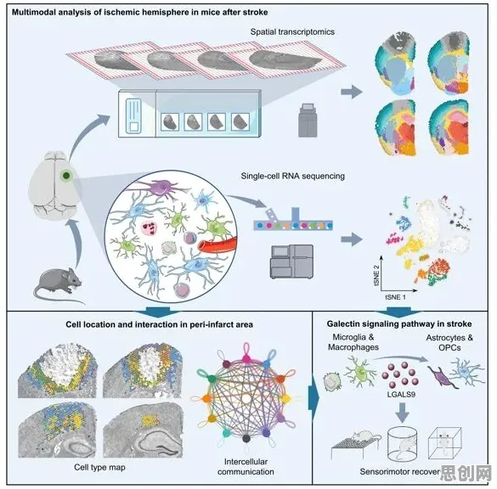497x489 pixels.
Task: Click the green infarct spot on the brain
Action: click(66, 175)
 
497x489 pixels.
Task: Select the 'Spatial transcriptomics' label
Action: click(292, 32)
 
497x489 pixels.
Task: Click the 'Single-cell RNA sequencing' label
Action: click(292, 176)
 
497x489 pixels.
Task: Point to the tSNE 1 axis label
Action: click(395, 297)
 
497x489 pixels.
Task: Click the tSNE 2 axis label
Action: click(376, 275)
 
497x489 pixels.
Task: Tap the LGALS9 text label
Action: click(401, 395)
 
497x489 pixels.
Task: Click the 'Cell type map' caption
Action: click(99, 467)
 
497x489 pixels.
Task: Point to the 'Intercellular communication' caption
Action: click(246, 467)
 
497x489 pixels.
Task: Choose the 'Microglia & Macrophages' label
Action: click(353, 342)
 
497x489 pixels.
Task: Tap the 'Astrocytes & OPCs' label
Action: click(449, 342)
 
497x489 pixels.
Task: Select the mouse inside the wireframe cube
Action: click(444, 441)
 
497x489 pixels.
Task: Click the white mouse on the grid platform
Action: click(364, 436)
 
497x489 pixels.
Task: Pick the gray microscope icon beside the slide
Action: click(308, 121)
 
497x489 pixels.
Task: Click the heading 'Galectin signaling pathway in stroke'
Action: click(399, 324)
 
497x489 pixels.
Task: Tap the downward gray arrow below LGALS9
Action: click(402, 412)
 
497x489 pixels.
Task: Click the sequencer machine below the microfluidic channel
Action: click(291, 261)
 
